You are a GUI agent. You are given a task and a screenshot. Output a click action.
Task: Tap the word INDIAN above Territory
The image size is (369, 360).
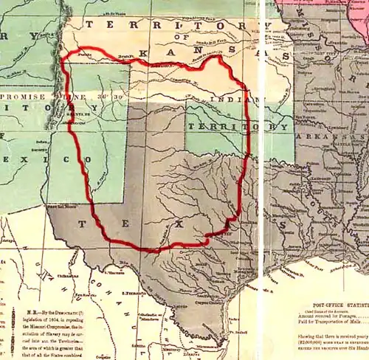pyautogui.click(x=226, y=99)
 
